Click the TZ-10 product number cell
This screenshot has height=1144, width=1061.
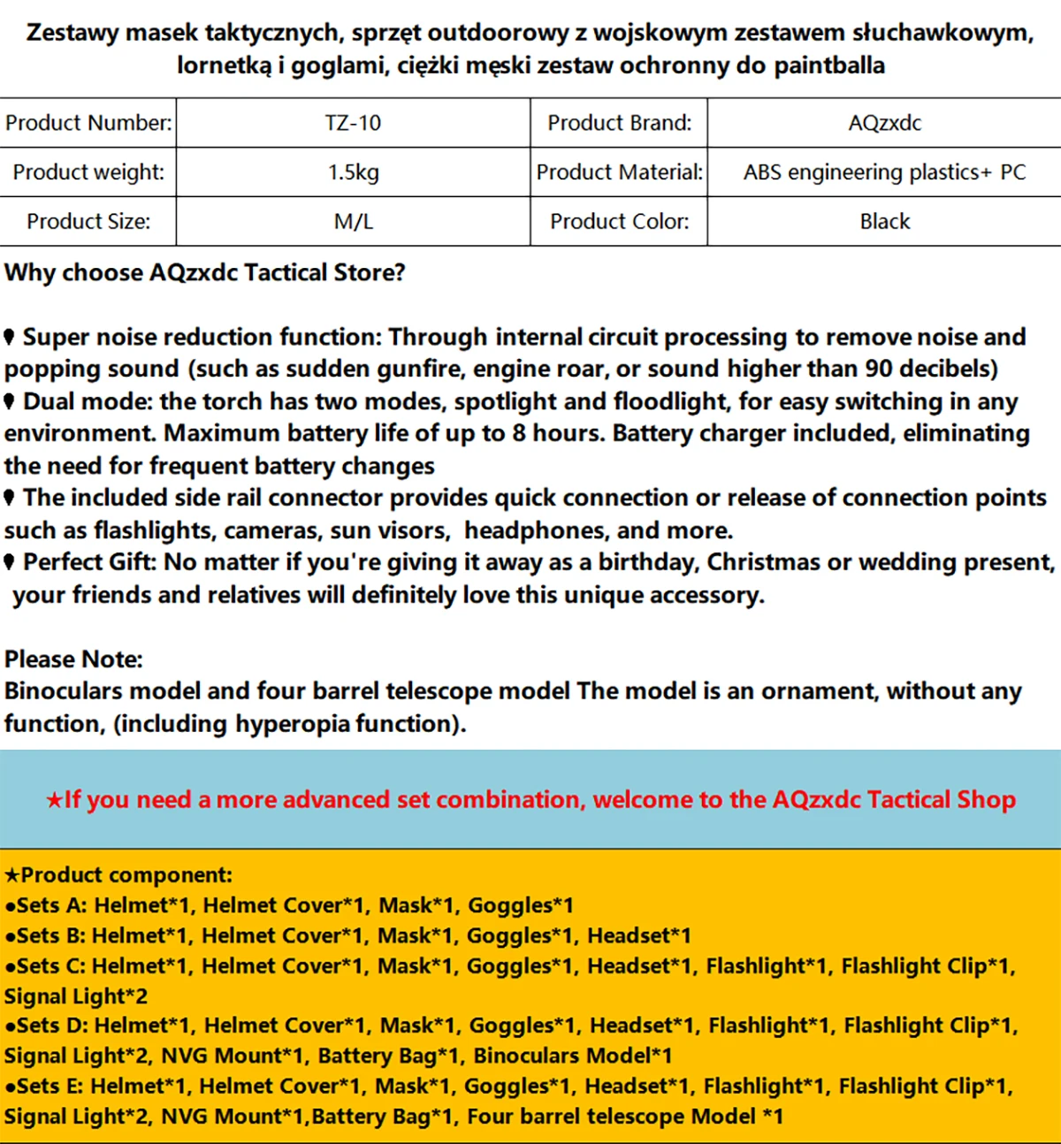coord(353,123)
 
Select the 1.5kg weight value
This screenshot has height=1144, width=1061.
coord(353,172)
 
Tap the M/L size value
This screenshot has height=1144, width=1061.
coord(353,222)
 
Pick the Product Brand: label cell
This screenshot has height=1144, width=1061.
coord(619,123)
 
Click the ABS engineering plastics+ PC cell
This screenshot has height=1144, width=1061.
coord(884,172)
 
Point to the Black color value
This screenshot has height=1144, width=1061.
coord(884,222)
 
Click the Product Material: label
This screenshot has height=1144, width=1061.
coord(619,172)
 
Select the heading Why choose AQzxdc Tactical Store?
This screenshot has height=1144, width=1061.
coord(205,272)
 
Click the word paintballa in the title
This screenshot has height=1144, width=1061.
coord(829,65)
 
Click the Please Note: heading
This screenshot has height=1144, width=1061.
coord(73,660)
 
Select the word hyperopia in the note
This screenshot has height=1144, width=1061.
coord(293,724)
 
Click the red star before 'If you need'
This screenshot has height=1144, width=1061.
coord(54,800)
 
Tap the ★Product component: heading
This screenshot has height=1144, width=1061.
coord(118,875)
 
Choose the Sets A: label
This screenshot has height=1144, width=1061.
coord(51,905)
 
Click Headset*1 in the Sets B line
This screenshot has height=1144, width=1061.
coord(639,935)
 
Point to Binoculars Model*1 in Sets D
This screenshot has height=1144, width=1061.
coord(573,1056)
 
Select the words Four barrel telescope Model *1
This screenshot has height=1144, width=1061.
coord(625,1117)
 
